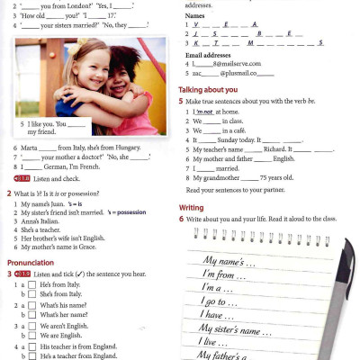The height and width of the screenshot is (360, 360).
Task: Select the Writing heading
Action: click(x=191, y=207)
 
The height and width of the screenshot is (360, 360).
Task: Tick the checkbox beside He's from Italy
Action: click(x=31, y=284)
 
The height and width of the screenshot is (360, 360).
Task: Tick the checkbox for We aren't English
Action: click(x=31, y=326)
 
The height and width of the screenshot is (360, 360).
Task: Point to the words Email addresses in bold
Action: click(x=210, y=56)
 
